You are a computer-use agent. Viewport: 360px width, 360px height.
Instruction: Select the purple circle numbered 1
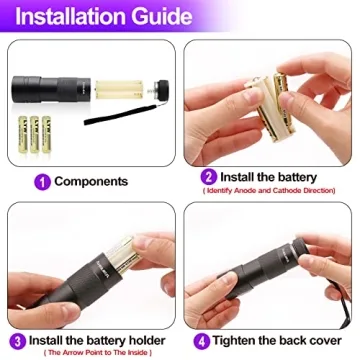tap(41, 181)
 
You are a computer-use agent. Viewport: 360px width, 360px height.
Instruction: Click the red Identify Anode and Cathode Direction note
tap(272, 190)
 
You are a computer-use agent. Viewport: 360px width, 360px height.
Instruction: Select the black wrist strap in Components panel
tap(110, 121)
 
